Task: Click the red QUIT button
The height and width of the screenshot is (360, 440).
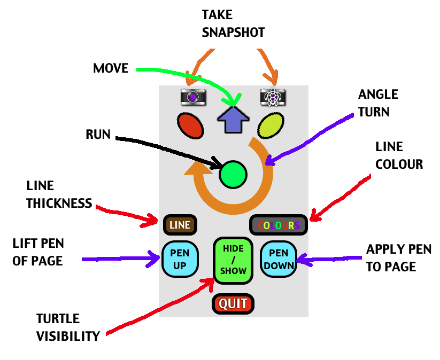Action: click(233, 304)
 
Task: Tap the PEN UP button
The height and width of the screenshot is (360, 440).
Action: click(180, 259)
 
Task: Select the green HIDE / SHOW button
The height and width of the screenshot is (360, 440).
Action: click(233, 260)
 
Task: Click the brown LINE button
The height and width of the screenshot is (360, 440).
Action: click(180, 225)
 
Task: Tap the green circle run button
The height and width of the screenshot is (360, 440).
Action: click(234, 174)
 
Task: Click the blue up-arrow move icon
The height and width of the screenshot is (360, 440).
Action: click(233, 119)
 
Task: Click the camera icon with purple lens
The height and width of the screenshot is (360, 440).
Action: click(193, 96)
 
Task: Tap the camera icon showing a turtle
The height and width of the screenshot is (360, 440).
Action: click(273, 96)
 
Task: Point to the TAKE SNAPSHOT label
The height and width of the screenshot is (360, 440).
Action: click(233, 24)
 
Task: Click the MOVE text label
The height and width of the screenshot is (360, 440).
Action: click(111, 68)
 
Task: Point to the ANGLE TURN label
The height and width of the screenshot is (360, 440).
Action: click(378, 103)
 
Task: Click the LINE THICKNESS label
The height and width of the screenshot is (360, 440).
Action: click(59, 194)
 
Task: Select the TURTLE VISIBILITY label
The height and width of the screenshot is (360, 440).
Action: click(68, 327)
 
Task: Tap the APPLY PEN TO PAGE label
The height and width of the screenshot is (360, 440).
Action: click(391, 258)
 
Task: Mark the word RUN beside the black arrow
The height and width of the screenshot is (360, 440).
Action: click(98, 135)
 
